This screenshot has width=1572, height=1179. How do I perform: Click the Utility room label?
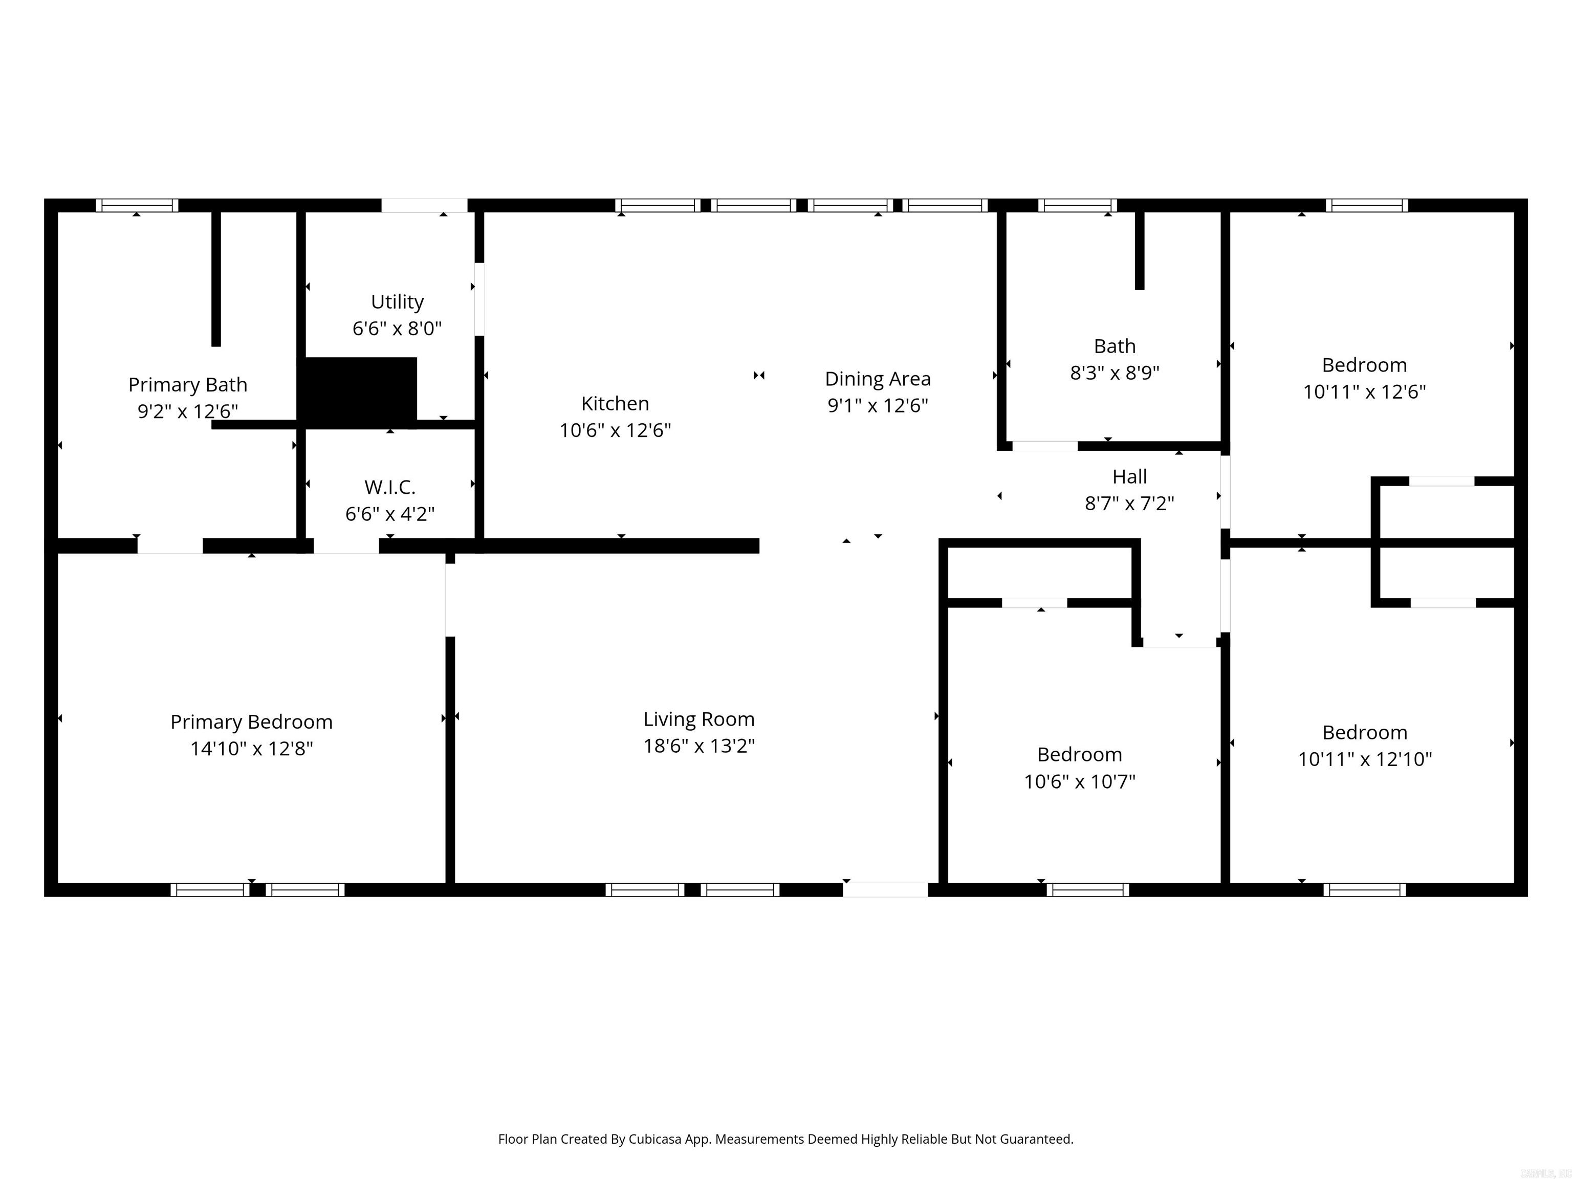point(397,302)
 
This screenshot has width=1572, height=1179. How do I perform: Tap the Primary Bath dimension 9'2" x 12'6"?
point(188,411)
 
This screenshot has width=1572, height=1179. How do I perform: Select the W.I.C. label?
point(389,488)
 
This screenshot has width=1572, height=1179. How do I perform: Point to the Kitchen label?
point(615,404)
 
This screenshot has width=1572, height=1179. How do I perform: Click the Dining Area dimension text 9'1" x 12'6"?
point(878,405)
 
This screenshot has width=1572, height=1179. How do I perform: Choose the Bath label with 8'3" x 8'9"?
point(1115,346)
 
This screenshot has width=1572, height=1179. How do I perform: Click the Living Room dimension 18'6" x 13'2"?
point(698,746)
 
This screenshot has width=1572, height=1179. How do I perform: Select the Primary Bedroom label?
point(252,722)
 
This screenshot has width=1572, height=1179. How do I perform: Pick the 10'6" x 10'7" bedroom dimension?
point(1080,781)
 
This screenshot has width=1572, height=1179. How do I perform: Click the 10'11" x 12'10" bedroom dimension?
point(1364,759)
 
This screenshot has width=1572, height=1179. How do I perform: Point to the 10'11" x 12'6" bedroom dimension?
point(1364,391)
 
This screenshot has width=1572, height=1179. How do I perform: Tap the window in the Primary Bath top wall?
point(137,205)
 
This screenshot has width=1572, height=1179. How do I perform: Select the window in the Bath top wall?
point(1077,205)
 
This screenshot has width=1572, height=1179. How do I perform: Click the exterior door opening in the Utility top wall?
point(424,205)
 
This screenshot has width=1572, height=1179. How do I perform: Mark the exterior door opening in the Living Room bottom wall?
point(885,890)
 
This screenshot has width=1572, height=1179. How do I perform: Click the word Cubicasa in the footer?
point(654,1139)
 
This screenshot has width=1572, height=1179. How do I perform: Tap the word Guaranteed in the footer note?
point(1036,1139)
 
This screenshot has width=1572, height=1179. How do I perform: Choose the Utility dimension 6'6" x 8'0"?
point(397,329)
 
